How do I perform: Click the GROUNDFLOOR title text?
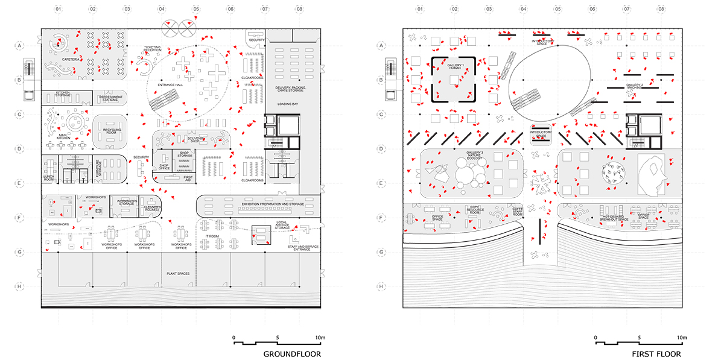[x=292, y=354]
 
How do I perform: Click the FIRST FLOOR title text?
[x=656, y=354]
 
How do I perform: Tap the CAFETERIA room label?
[x=62, y=60]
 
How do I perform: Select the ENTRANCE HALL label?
[x=170, y=85]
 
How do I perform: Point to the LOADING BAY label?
[x=288, y=104]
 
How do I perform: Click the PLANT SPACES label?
[x=178, y=274]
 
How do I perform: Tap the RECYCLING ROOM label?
[x=112, y=131]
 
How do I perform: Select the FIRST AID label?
[x=188, y=178]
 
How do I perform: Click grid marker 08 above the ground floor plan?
[x=300, y=10]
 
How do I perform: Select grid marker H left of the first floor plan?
[x=381, y=286]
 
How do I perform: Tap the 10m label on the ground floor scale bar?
[x=319, y=337]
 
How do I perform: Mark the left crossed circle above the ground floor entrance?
[x=171, y=27]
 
